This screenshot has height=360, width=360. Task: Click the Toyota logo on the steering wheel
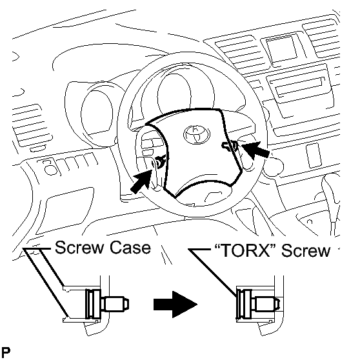197,135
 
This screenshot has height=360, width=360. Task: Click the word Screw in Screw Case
79,248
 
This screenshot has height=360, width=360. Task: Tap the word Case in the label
130,248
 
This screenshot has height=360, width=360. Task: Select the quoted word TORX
245,250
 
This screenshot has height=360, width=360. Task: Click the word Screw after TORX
306,250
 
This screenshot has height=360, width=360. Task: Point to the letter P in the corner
6,352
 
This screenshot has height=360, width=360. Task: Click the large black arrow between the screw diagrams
175,305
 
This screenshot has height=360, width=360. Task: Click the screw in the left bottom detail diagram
106,304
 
